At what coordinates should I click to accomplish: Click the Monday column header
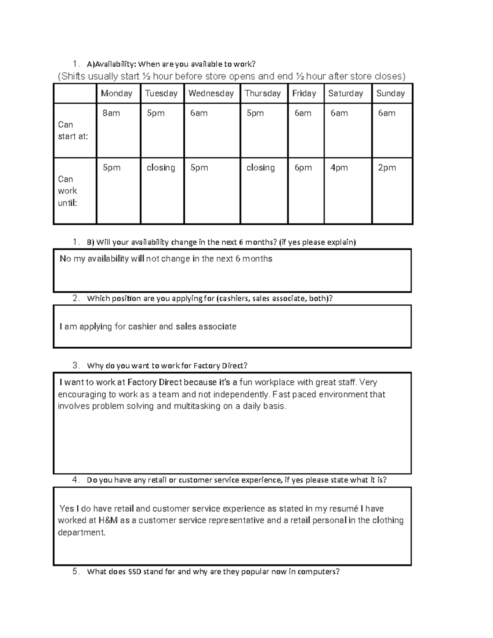(x=117, y=93)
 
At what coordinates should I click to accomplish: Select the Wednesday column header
(x=211, y=93)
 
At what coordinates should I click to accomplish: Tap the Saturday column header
(x=346, y=93)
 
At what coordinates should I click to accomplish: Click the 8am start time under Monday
(x=111, y=113)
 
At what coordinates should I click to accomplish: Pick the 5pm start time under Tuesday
(x=156, y=113)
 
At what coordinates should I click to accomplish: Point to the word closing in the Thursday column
(x=260, y=168)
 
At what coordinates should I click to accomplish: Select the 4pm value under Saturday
(x=339, y=168)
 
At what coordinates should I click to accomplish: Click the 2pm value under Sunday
(x=387, y=168)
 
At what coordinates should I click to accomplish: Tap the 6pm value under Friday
(x=303, y=168)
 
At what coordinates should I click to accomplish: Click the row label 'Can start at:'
(x=73, y=130)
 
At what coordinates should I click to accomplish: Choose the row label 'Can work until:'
(x=68, y=191)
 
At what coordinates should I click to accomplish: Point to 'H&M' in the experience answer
(x=108, y=521)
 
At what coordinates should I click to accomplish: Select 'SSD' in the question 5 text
(x=135, y=571)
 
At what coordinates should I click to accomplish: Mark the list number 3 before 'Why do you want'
(x=75, y=365)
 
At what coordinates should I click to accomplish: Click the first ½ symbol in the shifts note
(x=146, y=76)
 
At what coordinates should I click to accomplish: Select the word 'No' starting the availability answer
(x=65, y=259)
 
